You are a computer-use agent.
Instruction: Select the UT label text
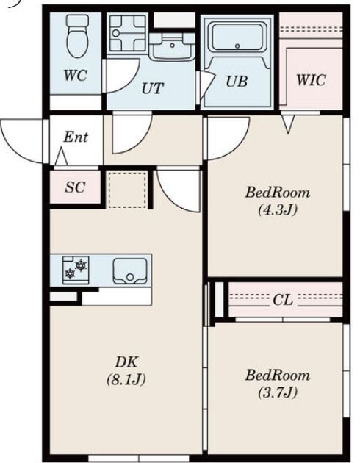tap(152, 88)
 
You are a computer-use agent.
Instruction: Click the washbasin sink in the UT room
tap(172, 47)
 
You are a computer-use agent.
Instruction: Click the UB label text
tap(237, 82)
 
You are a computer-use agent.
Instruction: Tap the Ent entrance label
tap(76, 137)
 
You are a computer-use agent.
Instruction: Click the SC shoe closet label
tap(75, 187)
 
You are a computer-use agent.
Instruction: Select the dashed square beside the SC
tap(127, 188)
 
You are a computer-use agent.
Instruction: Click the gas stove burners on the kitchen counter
tap(75, 269)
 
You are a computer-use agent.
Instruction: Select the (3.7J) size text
tap(276, 393)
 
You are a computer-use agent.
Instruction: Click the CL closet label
tap(283, 300)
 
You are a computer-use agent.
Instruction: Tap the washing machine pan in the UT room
tap(129, 33)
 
